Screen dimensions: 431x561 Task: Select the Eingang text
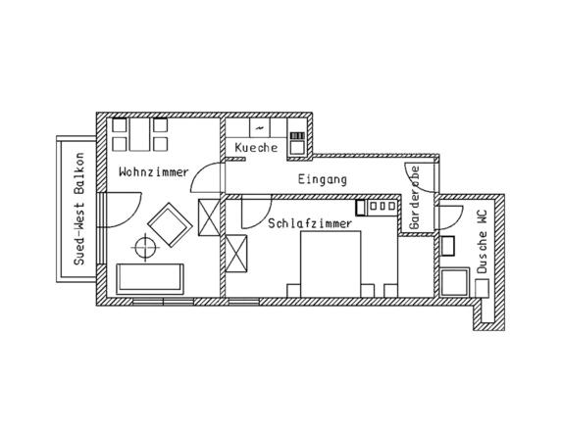322,179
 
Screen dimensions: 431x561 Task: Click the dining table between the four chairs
137,135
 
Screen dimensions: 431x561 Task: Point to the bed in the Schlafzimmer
331,263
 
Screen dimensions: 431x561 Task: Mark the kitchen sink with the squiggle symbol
258,128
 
